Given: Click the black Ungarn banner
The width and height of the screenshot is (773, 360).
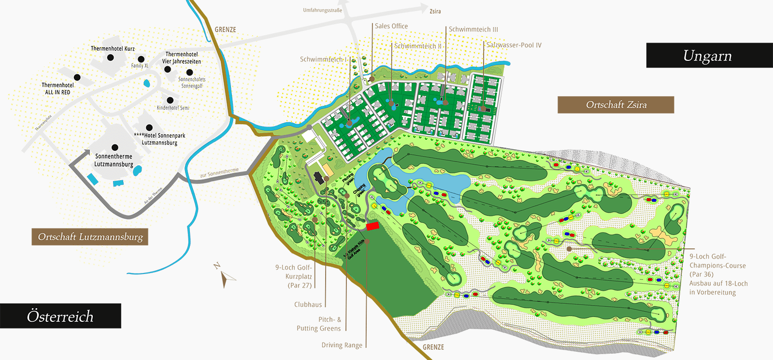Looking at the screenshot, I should pos(709,56).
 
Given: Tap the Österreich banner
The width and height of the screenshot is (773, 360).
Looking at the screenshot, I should pos(60,316).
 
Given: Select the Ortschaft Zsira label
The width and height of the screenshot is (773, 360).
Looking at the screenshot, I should pos(616,105).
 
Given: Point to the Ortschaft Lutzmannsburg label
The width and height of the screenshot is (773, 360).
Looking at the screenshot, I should pos(90,237).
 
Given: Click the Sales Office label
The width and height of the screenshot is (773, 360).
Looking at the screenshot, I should pos(391,26).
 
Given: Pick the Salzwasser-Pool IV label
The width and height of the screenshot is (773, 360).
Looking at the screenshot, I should pos(514,45).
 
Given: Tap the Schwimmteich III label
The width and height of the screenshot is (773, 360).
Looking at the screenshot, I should pos(473,29).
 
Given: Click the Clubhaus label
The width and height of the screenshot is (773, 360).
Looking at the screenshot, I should pos(308,304).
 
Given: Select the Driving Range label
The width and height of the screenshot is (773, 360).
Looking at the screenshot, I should pos(342,345).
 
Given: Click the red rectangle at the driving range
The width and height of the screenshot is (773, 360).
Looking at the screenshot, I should pos(372,226).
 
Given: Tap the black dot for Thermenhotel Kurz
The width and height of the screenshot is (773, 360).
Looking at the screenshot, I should pos(111,58).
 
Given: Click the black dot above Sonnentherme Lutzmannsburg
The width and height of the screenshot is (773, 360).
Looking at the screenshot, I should pos(115,147).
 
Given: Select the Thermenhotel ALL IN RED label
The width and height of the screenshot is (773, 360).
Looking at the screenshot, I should pos(57,88).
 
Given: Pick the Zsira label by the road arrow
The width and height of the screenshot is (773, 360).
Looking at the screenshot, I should pos(435,11).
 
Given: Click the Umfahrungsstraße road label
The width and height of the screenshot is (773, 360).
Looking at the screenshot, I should pos(322,10).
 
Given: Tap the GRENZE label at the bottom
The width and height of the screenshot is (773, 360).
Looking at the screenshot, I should pos(433,347).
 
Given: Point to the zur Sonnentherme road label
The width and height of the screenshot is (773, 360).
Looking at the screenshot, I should pos(219,173).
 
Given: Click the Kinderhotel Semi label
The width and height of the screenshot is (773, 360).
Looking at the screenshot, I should pos(173,108).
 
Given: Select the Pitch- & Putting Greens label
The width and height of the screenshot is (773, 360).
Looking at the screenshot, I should pos(319,324).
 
